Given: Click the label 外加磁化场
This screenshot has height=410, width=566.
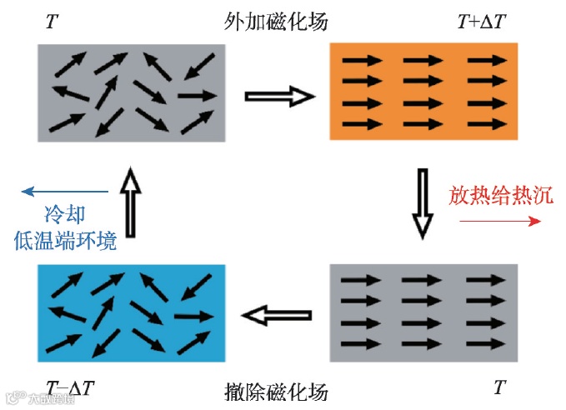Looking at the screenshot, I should (x=276, y=22).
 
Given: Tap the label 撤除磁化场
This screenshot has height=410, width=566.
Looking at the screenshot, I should (x=276, y=390).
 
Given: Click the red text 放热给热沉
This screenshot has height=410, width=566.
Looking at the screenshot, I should (x=500, y=197).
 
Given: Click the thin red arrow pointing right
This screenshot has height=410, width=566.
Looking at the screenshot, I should (x=500, y=221).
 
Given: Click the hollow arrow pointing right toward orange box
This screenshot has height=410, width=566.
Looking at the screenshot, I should (x=279, y=97).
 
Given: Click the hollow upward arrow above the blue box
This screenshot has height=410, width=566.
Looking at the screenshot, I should (x=131, y=200).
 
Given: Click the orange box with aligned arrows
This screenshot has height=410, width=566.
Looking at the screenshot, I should (x=424, y=92).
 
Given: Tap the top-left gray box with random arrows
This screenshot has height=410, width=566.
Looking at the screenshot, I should (x=131, y=92).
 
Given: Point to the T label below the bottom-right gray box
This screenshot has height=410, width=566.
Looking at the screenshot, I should (x=499, y=388).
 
